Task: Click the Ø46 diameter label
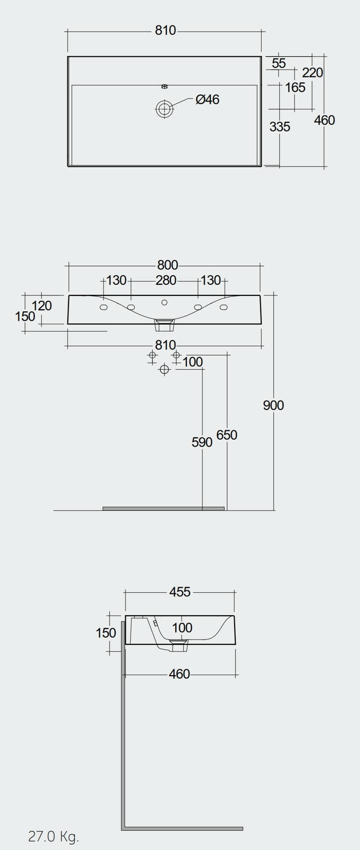[x=207, y=99]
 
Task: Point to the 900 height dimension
[x=273, y=405]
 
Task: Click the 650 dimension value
[x=227, y=435]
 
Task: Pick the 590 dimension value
[x=202, y=442]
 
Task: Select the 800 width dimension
[x=167, y=265]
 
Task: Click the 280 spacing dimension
[x=166, y=280]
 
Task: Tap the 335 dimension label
[x=280, y=127]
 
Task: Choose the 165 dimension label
[x=295, y=88]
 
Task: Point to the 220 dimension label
[x=312, y=72]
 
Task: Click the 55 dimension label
[x=279, y=63]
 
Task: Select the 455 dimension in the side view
[x=180, y=592]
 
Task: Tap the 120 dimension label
[x=42, y=305]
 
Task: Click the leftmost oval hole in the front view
[x=104, y=307]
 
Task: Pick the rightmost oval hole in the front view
[x=224, y=307]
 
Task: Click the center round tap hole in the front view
[x=164, y=302]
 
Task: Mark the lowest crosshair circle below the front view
[x=164, y=369]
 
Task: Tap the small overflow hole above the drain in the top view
[x=164, y=86]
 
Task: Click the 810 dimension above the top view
[x=165, y=30]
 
